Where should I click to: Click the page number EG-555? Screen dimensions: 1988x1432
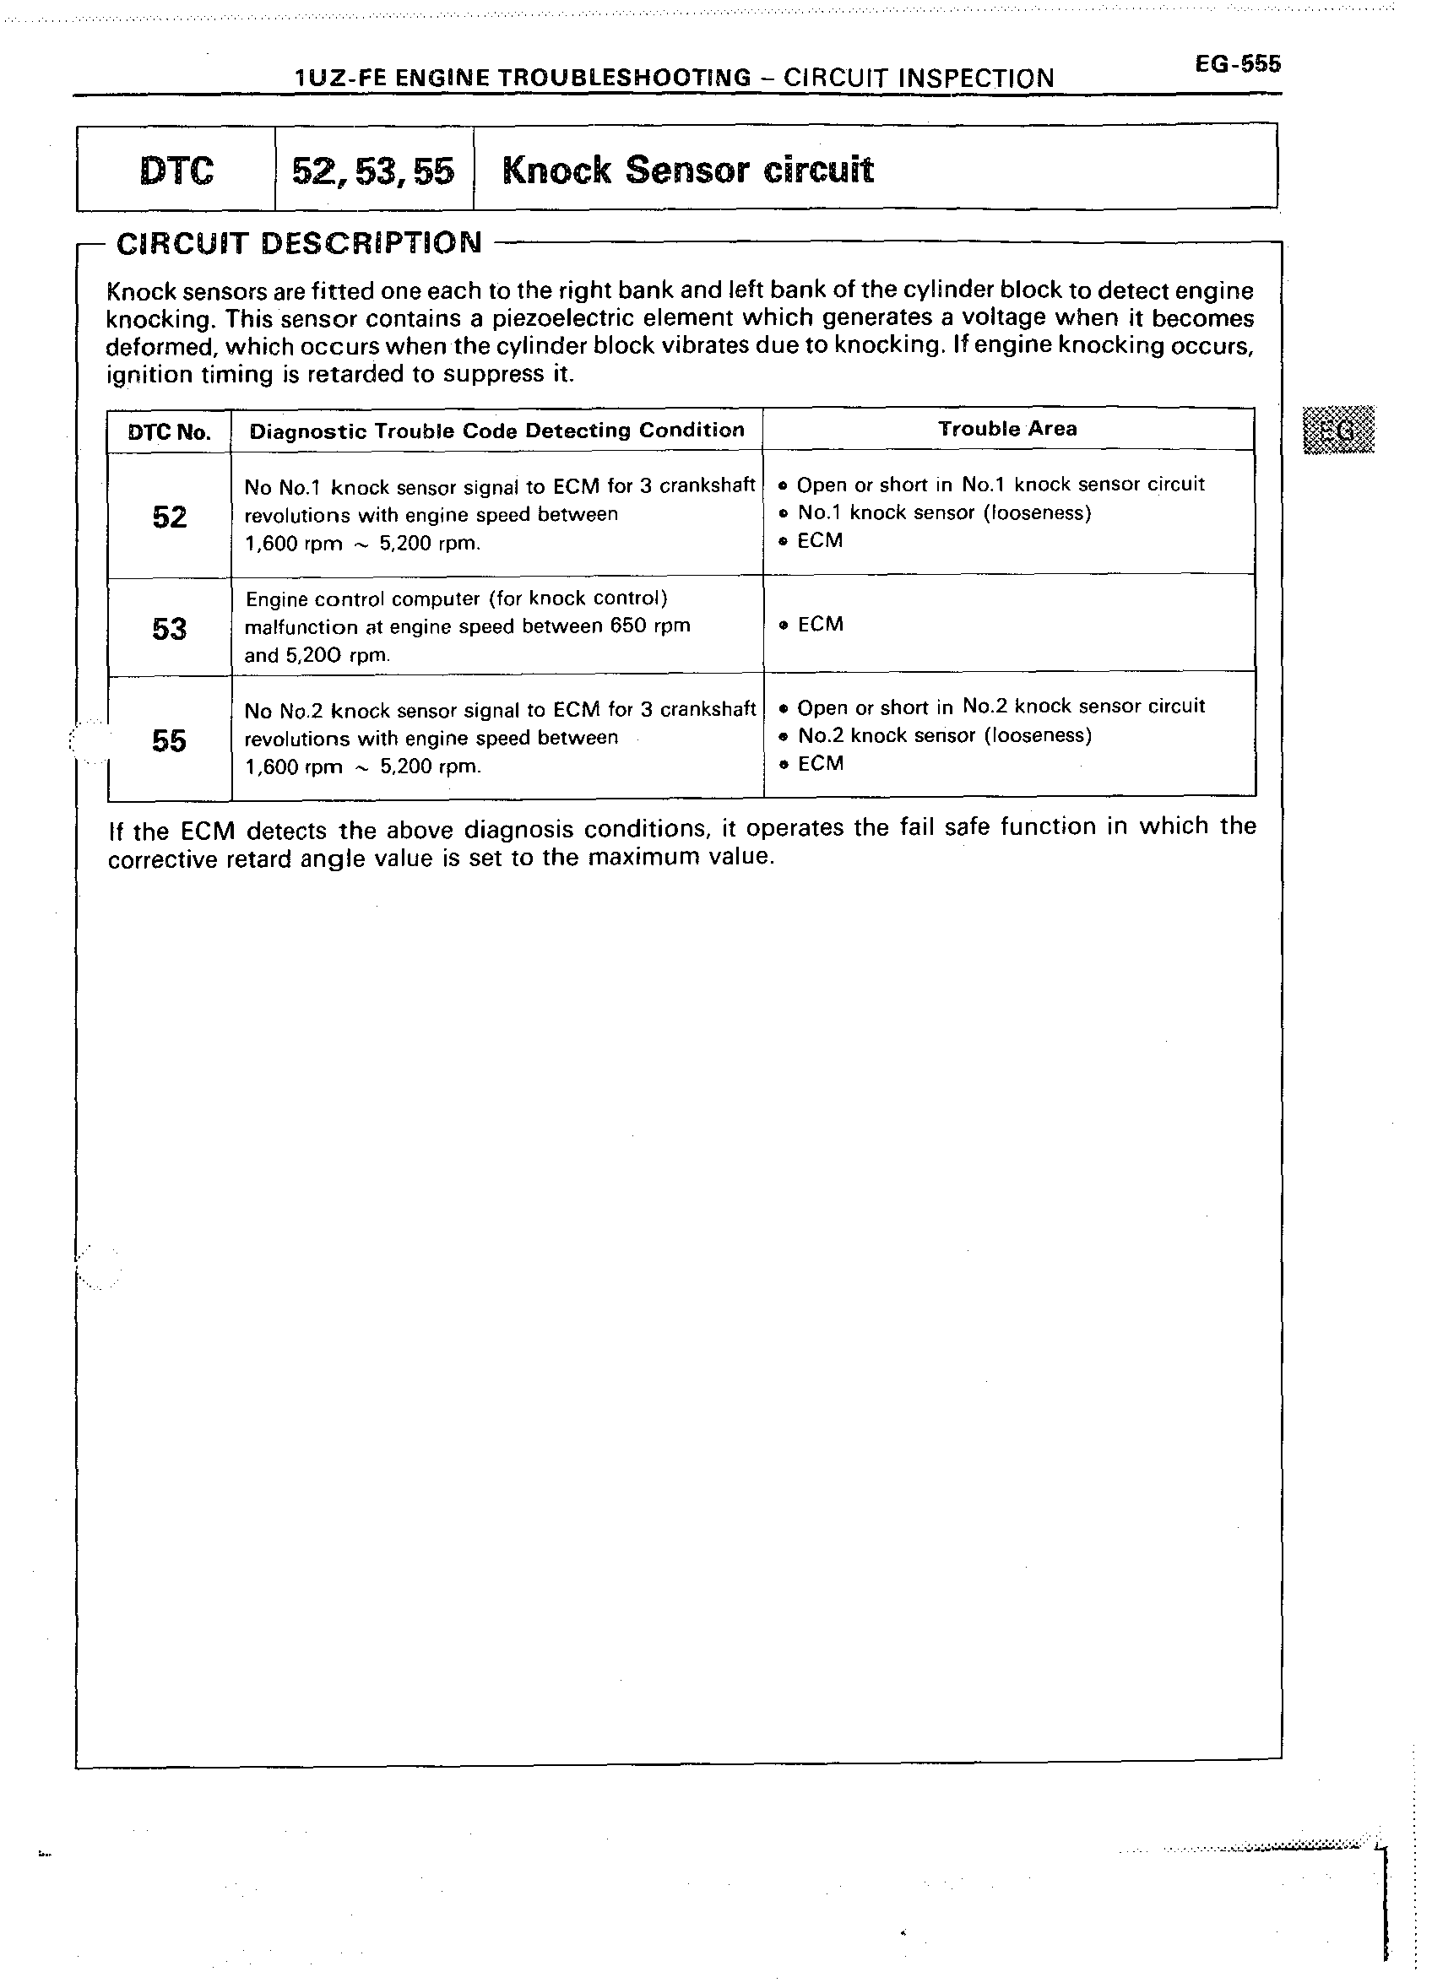coord(1236,64)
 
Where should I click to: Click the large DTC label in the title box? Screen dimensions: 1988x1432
coord(176,170)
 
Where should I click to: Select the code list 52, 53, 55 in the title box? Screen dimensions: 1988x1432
coord(373,171)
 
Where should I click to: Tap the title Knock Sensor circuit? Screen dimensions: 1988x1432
coord(687,170)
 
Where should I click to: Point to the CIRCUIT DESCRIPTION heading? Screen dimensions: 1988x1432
coord(299,243)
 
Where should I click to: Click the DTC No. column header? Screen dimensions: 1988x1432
coord(169,432)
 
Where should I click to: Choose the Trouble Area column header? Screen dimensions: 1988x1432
coord(1007,429)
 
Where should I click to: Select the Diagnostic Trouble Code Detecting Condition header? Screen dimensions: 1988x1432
coord(496,431)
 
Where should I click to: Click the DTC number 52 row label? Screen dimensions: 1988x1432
coord(169,517)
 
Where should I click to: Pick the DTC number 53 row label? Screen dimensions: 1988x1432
coord(169,629)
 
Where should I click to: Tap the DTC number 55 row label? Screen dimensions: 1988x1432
coord(169,740)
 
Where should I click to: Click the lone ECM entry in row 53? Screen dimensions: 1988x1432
coord(820,624)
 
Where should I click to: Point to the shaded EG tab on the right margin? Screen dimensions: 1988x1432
coord(1338,430)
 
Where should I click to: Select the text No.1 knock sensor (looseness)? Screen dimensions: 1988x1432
coord(944,512)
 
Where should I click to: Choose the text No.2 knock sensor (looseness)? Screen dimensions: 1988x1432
coord(945,735)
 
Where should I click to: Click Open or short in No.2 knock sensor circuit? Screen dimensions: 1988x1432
coord(1001,707)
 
